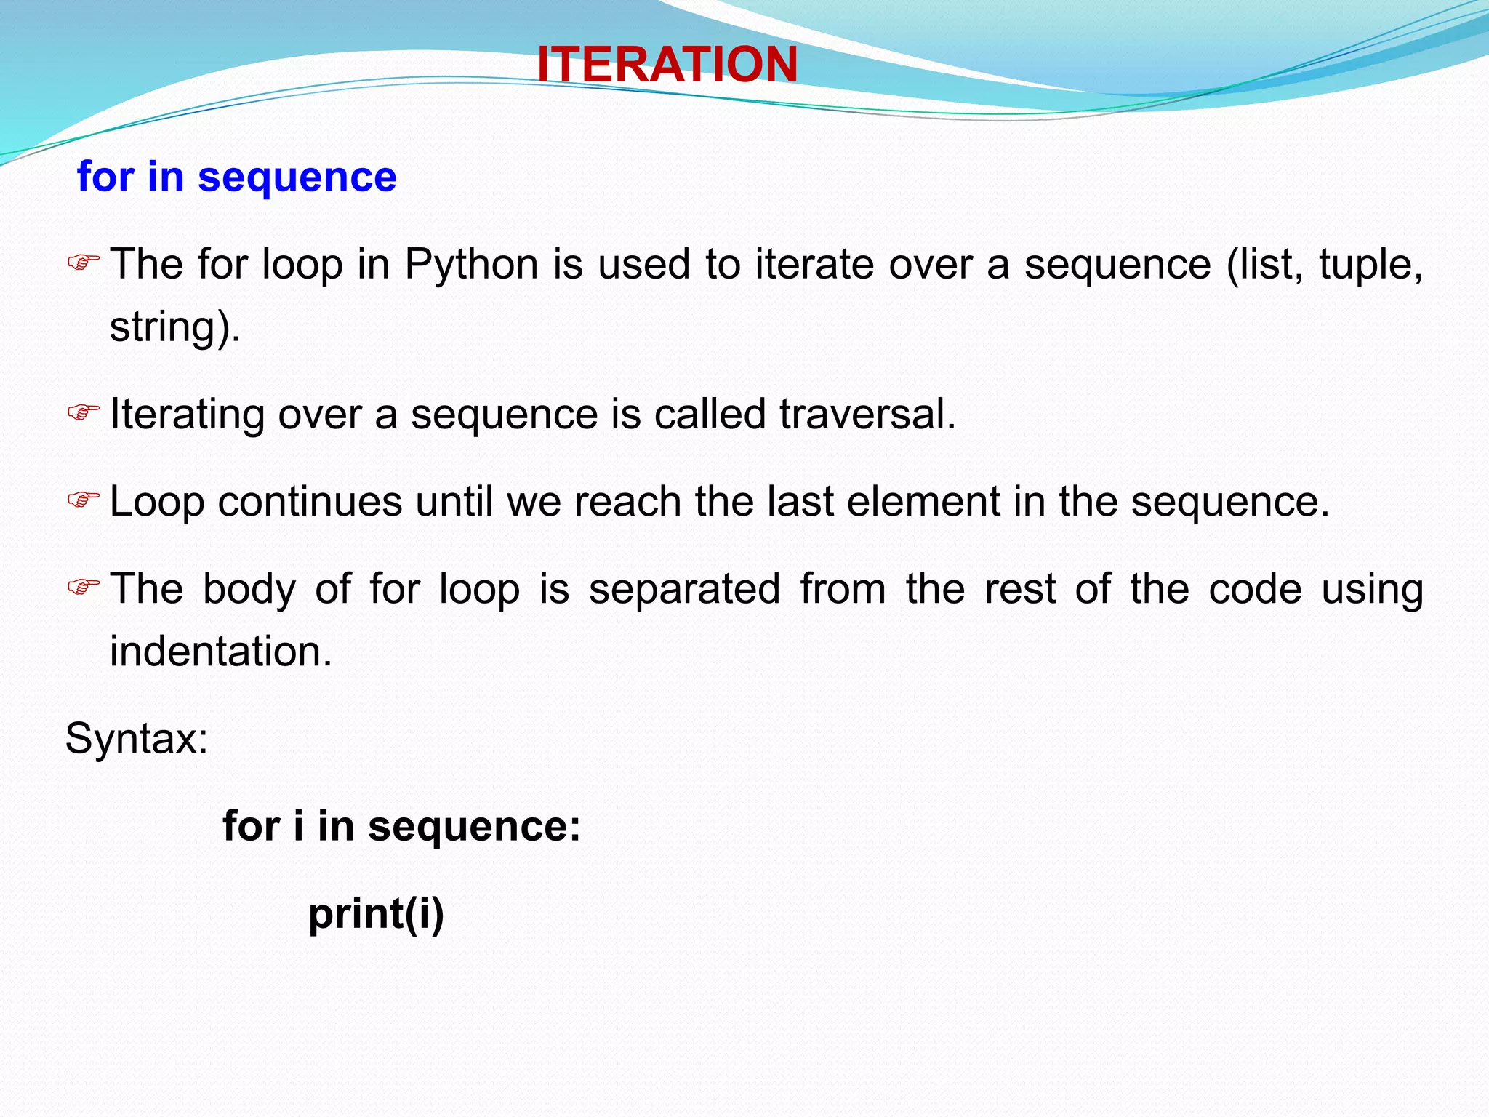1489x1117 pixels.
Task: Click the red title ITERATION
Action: click(x=667, y=64)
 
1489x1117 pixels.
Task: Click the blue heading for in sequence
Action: click(x=236, y=177)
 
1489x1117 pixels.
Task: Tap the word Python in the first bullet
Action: click(x=471, y=264)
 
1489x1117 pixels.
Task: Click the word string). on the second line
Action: click(x=174, y=327)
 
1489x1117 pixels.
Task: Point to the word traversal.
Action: click(x=867, y=414)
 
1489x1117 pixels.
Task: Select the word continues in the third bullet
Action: click(x=310, y=502)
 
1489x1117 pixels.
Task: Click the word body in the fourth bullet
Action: click(x=249, y=589)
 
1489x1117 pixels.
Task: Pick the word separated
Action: click(x=684, y=588)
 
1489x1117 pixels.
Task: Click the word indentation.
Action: click(x=220, y=651)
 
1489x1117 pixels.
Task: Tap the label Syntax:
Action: click(x=137, y=739)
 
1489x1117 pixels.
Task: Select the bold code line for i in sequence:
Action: click(x=401, y=826)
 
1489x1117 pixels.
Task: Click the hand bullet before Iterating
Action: click(x=83, y=413)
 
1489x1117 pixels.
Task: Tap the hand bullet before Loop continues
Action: click(x=83, y=500)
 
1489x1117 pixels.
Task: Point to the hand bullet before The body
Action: click(x=83, y=587)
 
